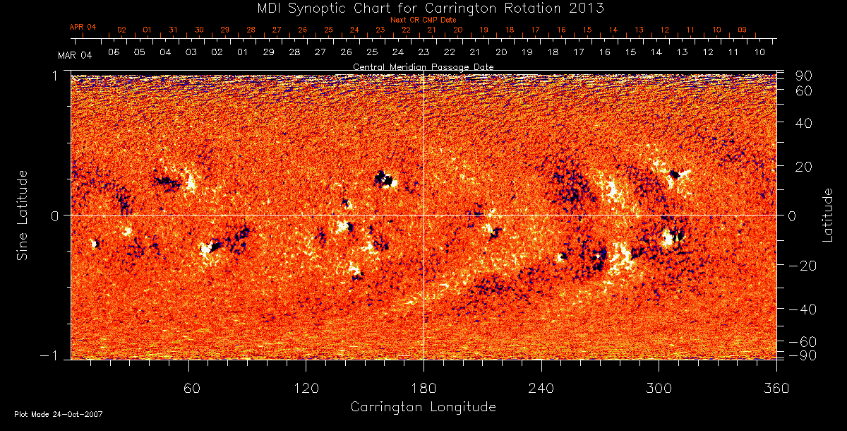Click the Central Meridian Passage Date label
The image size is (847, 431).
point(423,66)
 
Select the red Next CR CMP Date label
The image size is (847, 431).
point(423,20)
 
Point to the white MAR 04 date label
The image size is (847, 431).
point(75,54)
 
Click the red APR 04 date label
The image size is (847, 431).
point(83,27)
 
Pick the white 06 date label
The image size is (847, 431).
point(114,52)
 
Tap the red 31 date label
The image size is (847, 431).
point(173,30)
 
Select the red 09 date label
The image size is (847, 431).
point(742,30)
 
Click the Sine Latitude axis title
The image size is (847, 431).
point(23,214)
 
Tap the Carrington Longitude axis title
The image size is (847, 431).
point(423,407)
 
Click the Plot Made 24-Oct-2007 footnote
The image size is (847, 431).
point(59,414)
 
